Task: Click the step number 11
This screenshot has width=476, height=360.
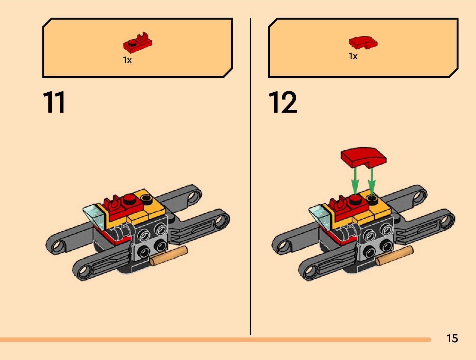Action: tap(54, 102)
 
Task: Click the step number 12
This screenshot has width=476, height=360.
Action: tap(283, 102)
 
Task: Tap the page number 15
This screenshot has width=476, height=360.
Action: tap(452, 338)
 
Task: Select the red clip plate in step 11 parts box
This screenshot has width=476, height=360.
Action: tap(137, 43)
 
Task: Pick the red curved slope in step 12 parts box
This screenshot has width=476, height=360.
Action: tap(363, 42)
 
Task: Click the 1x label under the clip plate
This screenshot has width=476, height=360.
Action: tap(127, 60)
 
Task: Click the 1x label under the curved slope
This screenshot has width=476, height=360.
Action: tap(353, 56)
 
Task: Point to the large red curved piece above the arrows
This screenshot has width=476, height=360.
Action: tap(363, 157)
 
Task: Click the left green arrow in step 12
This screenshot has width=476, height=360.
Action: tap(355, 181)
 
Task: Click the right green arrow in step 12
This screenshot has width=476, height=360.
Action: tap(371, 181)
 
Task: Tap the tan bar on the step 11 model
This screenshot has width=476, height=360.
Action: tap(169, 256)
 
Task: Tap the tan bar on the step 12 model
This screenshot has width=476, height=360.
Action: tap(394, 256)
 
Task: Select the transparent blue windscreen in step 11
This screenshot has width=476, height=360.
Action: tap(94, 216)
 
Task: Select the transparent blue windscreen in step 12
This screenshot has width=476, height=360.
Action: tap(320, 216)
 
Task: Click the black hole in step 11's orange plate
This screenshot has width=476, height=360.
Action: tap(146, 198)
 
